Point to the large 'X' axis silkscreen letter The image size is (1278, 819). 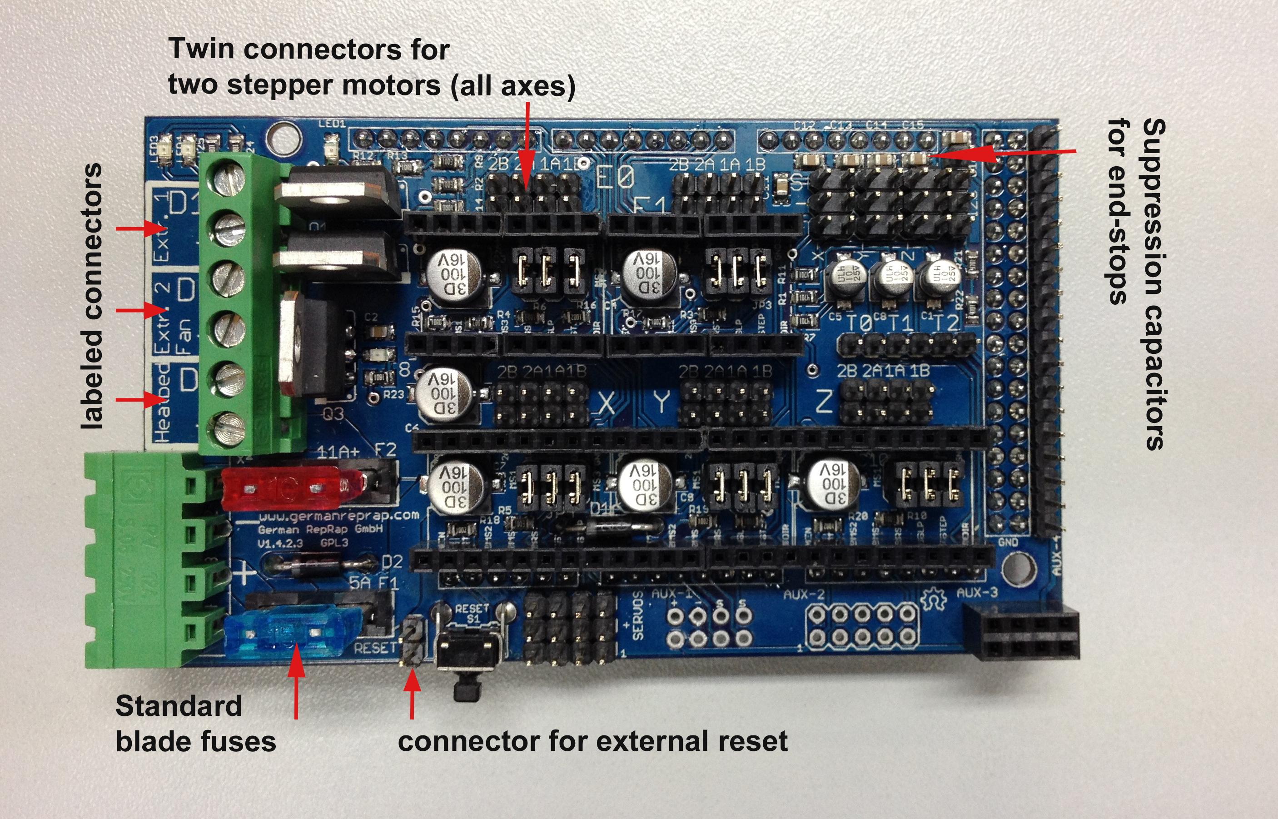(607, 403)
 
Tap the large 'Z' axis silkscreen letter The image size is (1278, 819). (824, 402)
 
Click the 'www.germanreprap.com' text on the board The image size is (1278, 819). (339, 516)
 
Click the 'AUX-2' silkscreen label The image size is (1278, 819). (804, 595)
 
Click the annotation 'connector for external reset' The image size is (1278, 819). (592, 741)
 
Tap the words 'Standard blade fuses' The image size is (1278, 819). (195, 723)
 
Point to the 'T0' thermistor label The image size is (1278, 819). (860, 322)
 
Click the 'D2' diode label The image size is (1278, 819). (392, 561)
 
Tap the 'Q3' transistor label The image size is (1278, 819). (333, 413)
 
